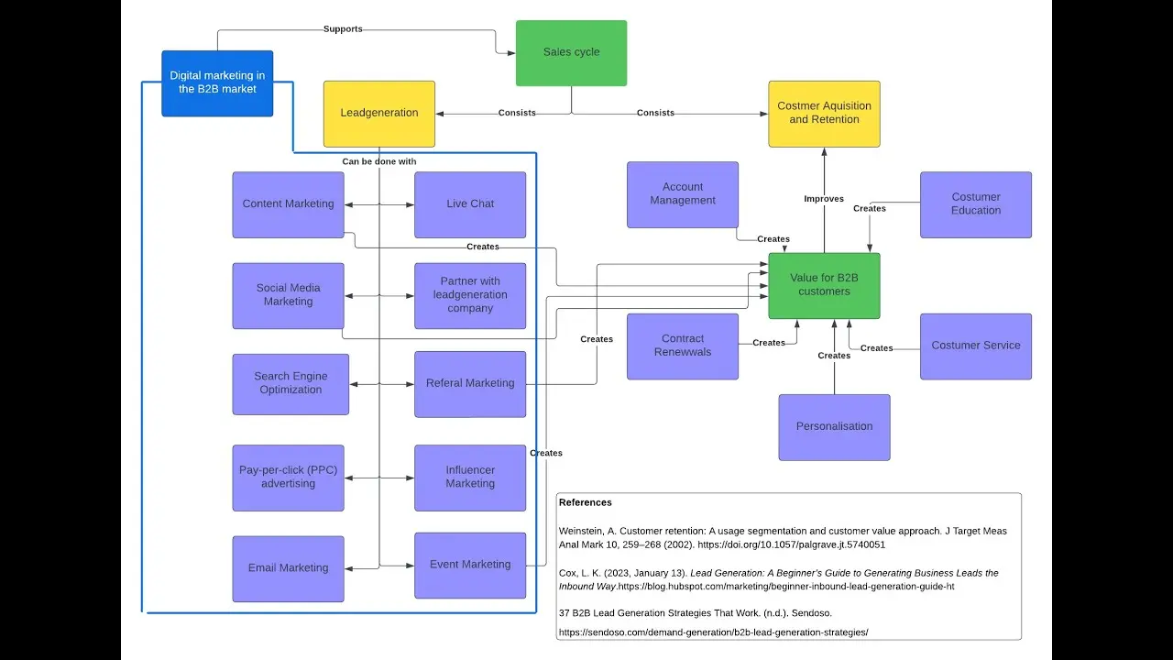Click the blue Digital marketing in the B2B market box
(x=217, y=83)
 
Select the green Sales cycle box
(x=571, y=53)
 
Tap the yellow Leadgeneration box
(x=379, y=114)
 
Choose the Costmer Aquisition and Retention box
(x=824, y=114)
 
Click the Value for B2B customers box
(x=824, y=285)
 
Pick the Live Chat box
(x=470, y=204)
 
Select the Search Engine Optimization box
(x=291, y=384)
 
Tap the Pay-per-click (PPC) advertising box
(x=288, y=478)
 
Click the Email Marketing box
(x=288, y=569)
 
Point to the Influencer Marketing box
(x=470, y=478)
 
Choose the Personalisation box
(x=834, y=427)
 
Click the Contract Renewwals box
(x=683, y=346)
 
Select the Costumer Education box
(x=976, y=204)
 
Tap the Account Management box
(x=683, y=194)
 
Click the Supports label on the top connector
(x=343, y=28)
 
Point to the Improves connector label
(x=824, y=199)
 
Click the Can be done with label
(x=379, y=161)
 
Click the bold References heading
(x=585, y=502)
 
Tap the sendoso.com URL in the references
(x=713, y=632)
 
